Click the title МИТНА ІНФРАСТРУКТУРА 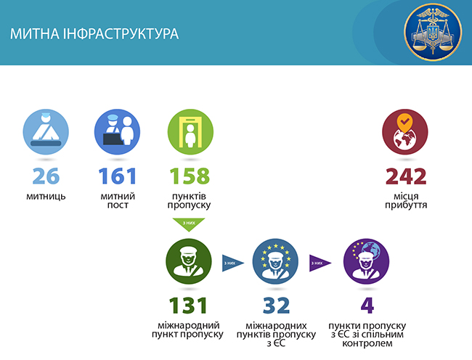coord(94,34)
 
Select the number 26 coord(47,176)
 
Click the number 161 coord(117,176)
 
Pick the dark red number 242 coord(406,176)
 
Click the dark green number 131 coord(188,305)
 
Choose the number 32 coord(276,305)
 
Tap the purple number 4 coord(366,305)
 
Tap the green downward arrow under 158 coord(188,224)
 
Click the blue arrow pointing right coord(232,263)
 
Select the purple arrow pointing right coord(320,263)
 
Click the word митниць coord(47,196)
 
